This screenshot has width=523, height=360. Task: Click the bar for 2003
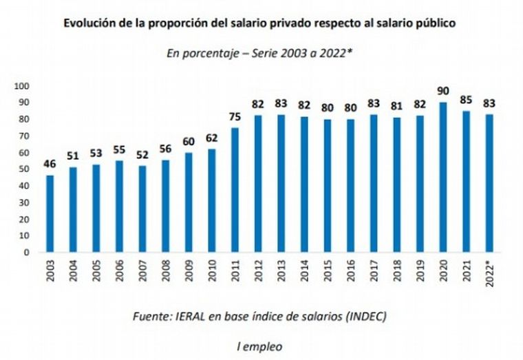pos(50,214)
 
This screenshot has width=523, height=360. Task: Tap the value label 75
pos(235,118)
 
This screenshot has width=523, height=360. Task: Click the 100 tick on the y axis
pos(21,86)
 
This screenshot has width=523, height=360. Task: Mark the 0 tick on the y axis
pos(25,252)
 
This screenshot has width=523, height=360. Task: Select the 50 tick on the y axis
pos(23,169)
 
